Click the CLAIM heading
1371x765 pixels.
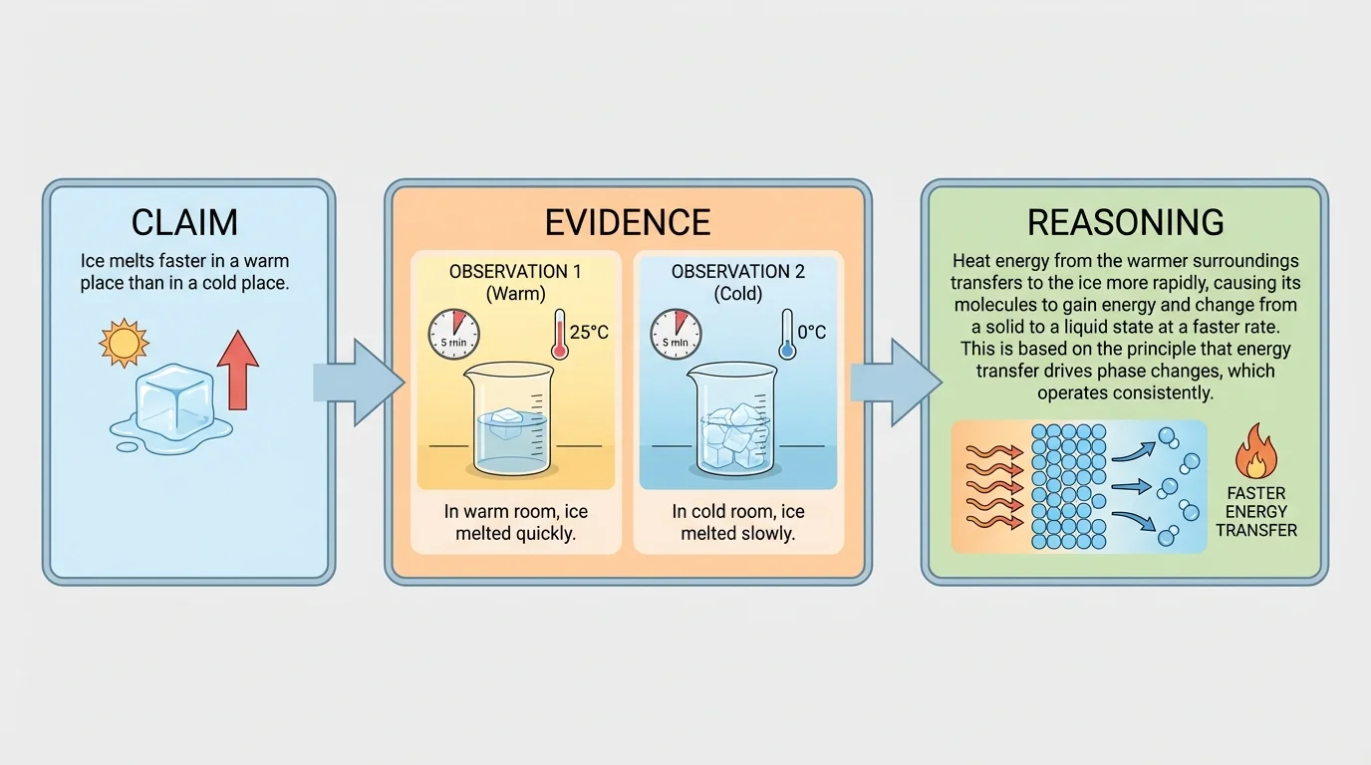point(186,221)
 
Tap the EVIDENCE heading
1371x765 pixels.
point(628,221)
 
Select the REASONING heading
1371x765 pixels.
point(1126,221)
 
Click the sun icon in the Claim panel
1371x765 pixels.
point(124,344)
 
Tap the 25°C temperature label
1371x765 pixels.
point(588,332)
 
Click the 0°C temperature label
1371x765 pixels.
point(812,332)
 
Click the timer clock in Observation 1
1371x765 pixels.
point(453,334)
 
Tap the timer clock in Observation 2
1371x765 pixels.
point(677,334)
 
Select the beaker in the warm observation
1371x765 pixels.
point(508,418)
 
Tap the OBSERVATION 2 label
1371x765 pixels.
point(737,272)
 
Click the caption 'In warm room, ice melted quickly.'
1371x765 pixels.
point(515,522)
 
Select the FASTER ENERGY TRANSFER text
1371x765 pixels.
point(1256,511)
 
